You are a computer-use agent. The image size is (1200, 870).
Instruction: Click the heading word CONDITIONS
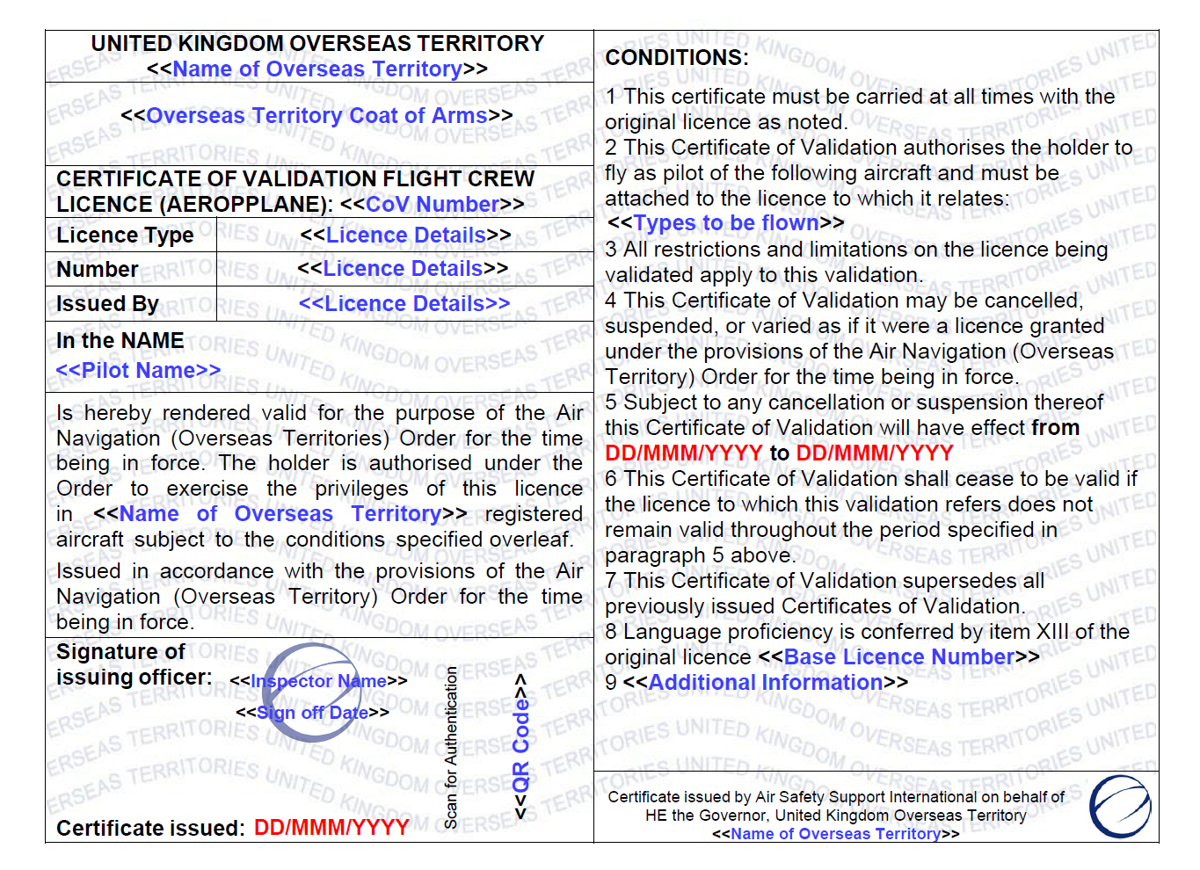pyautogui.click(x=676, y=58)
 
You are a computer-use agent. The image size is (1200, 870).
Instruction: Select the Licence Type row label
pyautogui.click(x=125, y=236)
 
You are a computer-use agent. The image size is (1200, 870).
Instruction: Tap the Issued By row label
pyautogui.click(x=107, y=304)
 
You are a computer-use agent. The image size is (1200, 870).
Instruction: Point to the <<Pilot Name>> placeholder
pyautogui.click(x=138, y=371)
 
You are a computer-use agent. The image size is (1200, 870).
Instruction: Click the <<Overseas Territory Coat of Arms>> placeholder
pyautogui.click(x=316, y=116)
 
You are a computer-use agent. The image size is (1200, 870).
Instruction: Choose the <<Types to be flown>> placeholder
pyautogui.click(x=725, y=223)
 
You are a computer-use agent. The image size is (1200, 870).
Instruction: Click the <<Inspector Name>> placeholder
pyautogui.click(x=318, y=681)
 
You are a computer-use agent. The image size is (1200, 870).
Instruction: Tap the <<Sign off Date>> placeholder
pyautogui.click(x=312, y=713)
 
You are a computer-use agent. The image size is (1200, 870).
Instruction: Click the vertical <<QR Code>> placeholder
pyautogui.click(x=520, y=747)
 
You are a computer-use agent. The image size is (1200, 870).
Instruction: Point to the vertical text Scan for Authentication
pyautogui.click(x=451, y=747)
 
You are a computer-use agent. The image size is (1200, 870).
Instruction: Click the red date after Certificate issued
pyautogui.click(x=331, y=828)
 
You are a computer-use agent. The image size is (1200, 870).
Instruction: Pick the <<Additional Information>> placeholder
pyautogui.click(x=765, y=683)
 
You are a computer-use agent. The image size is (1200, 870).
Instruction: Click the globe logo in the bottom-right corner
pyautogui.click(x=1120, y=806)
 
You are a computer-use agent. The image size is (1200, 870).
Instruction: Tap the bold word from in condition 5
pyautogui.click(x=1056, y=428)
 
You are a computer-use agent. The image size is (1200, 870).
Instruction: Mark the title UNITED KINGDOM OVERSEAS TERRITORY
pyautogui.click(x=317, y=44)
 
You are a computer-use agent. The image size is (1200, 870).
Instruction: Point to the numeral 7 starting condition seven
pyautogui.click(x=611, y=581)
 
